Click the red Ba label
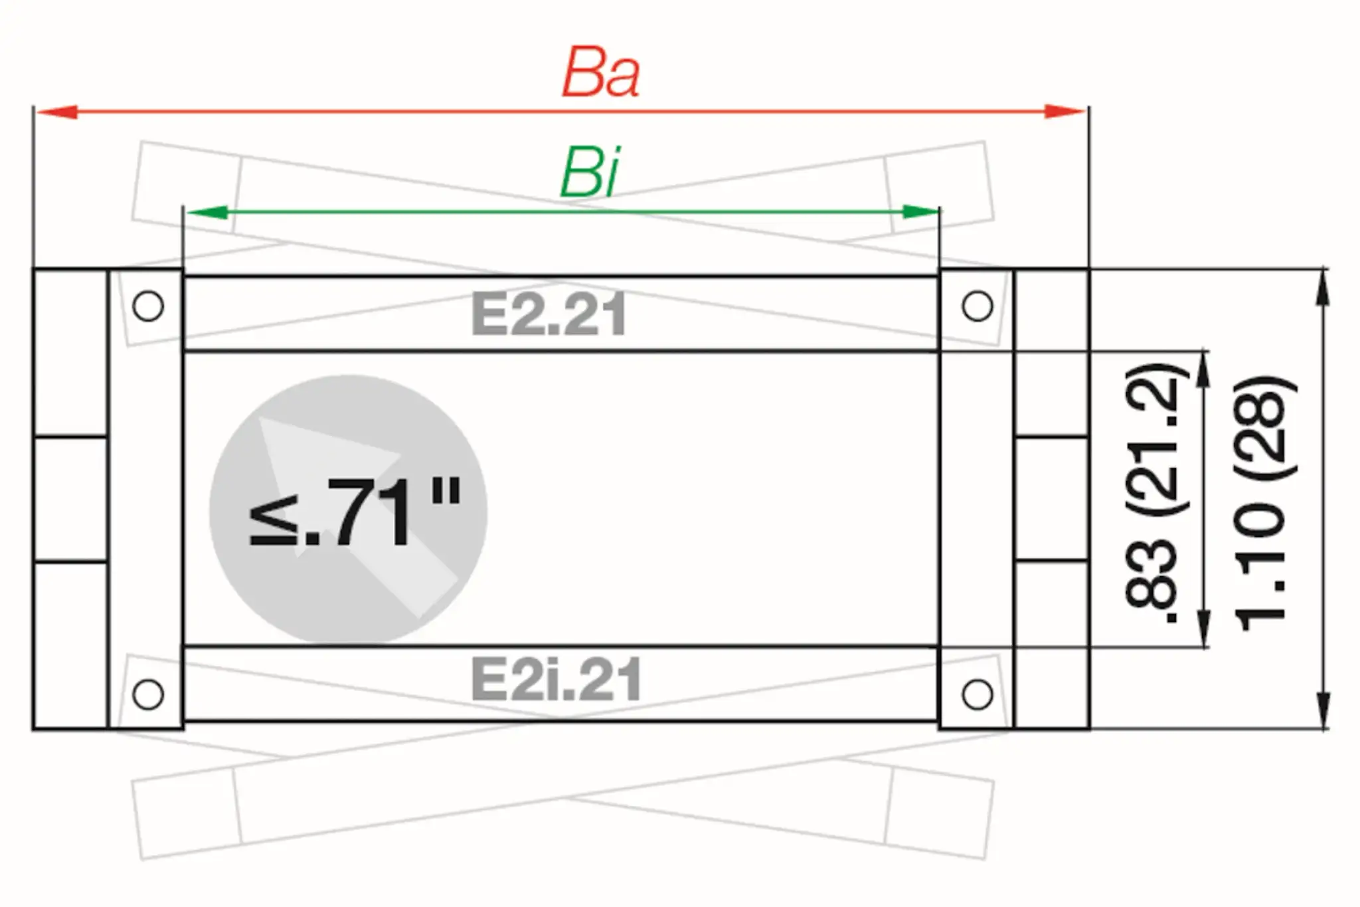click(x=601, y=74)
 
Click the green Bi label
click(x=590, y=173)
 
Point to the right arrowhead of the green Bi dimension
click(x=920, y=212)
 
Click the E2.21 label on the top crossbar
click(x=549, y=315)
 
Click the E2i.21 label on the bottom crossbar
click(x=556, y=680)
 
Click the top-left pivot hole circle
click(x=148, y=306)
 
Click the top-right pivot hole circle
click(x=977, y=306)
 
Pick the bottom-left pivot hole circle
click(x=148, y=694)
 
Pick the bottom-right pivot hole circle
click(x=977, y=694)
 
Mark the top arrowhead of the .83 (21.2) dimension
click(x=1203, y=369)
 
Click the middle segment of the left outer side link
click(x=70, y=500)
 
